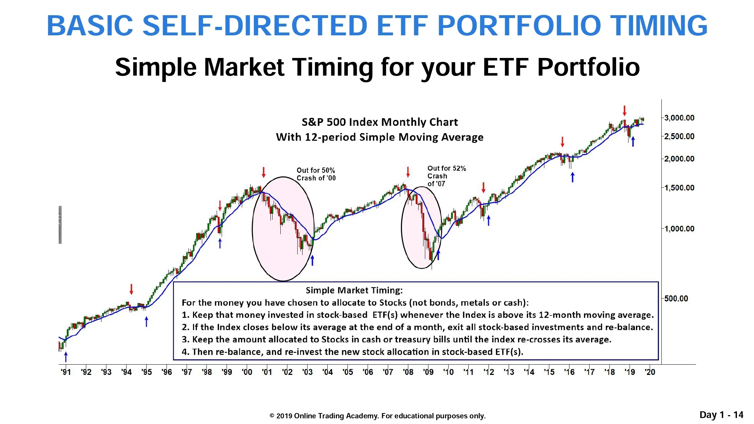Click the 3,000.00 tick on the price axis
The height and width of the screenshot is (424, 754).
(679, 118)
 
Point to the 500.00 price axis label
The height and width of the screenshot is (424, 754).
(676, 299)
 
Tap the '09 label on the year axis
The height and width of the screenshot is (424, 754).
(428, 372)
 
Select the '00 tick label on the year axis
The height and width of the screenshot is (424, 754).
(247, 372)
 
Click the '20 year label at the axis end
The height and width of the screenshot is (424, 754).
(650, 372)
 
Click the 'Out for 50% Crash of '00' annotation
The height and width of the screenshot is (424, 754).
(316, 174)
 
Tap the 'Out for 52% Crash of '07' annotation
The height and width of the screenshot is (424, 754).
(446, 176)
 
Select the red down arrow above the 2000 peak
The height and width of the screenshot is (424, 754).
(263, 172)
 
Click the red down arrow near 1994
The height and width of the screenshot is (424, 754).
(131, 289)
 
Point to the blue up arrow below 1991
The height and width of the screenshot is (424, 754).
(65, 357)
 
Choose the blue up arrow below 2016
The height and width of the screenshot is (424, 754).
(573, 177)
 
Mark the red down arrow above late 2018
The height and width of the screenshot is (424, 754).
(625, 111)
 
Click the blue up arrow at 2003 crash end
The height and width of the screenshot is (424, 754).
(312, 260)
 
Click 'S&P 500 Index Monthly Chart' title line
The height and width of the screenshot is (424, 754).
(380, 122)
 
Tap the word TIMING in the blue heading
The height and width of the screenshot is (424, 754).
(659, 25)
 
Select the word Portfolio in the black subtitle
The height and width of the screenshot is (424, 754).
(589, 67)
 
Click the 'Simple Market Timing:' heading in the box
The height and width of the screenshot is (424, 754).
(354, 290)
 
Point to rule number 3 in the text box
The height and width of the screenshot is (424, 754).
(397, 340)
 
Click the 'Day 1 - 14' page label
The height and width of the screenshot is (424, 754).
(721, 415)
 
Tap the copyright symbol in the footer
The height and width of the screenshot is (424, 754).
(272, 416)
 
